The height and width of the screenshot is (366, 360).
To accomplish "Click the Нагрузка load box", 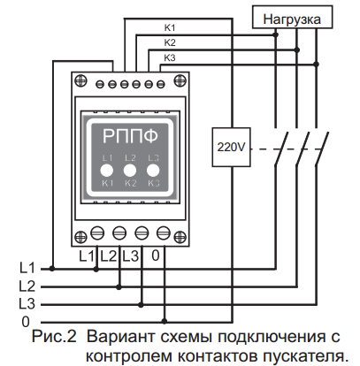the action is point(292,17).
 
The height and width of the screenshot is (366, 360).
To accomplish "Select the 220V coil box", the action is point(231,147).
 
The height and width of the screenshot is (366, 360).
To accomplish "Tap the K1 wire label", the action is point(170,27).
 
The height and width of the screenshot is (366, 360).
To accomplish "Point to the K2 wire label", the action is point(170,42).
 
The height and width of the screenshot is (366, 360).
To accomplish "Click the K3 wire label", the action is point(170,57).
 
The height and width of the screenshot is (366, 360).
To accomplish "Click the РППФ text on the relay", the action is point(130,136).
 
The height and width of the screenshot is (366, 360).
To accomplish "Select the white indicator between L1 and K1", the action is point(107,171).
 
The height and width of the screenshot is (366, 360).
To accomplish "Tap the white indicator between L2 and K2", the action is point(130,171).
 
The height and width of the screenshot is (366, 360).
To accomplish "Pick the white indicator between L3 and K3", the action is point(153,171).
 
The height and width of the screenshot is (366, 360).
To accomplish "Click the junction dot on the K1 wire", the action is point(276,35).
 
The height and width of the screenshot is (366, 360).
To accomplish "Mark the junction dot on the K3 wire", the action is point(317,65).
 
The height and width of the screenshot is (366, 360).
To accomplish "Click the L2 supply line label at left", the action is point(27,286).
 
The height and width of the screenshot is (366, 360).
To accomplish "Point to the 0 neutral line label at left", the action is point(26,322).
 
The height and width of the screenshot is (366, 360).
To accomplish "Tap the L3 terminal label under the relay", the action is point(130,256).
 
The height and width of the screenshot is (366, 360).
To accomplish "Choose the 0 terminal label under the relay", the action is point(156,255).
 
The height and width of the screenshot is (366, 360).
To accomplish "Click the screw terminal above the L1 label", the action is point(97,233).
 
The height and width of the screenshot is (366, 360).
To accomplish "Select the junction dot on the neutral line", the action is point(165,321).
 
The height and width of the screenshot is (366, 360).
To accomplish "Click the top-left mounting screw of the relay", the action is point(80,80).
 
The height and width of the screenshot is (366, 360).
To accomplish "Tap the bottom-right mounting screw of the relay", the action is point(180,237).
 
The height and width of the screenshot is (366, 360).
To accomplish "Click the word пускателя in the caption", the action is point(306,356).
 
